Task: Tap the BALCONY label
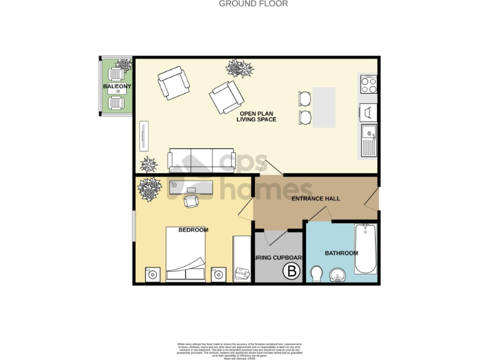pos(117,86)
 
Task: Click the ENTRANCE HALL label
pos(316,199)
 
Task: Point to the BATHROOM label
pos(341,253)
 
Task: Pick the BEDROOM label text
pos(193,230)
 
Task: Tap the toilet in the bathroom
pos(316,273)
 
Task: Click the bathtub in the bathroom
pos(366,249)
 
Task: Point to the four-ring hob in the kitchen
pos(368,84)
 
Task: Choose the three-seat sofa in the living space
pos(200,160)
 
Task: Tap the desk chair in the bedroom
pos(192,201)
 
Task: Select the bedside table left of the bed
pos(152,274)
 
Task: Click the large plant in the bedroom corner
pos(149,189)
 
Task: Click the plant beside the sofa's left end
pos(149,164)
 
